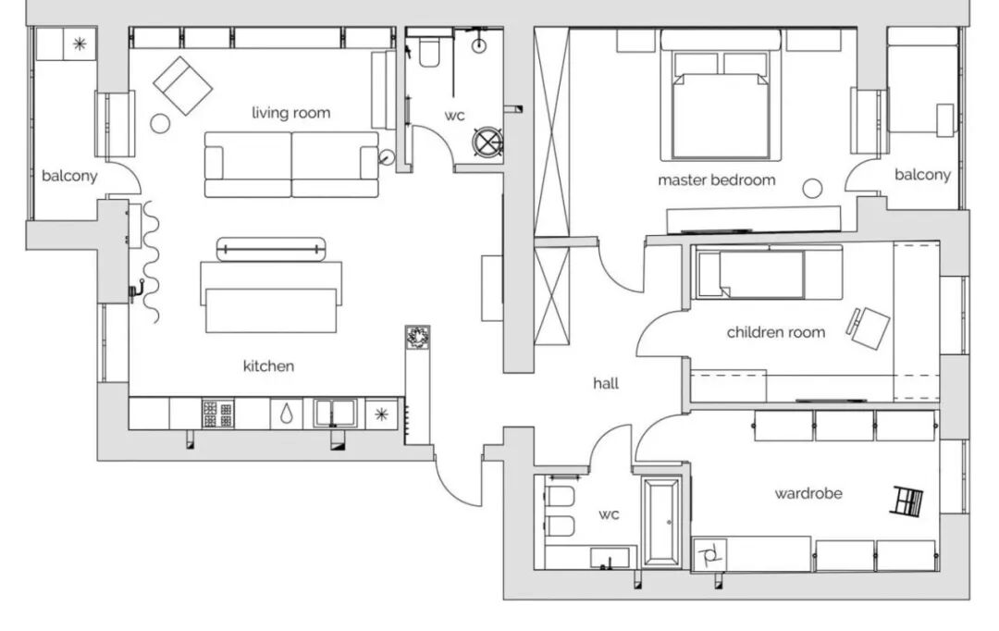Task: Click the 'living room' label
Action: click(291, 114)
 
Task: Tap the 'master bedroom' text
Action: click(717, 180)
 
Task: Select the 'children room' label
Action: click(776, 332)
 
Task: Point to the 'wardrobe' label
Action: click(808, 493)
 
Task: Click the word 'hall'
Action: click(606, 383)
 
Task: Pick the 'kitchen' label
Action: click(269, 365)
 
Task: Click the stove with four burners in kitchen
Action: click(218, 414)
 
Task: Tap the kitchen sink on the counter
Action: click(334, 413)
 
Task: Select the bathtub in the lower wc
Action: click(661, 523)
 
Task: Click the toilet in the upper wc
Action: click(429, 52)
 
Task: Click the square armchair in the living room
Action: click(183, 86)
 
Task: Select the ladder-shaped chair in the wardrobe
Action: click(907, 501)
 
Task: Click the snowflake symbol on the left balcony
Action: click(80, 44)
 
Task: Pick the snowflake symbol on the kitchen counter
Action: click(382, 414)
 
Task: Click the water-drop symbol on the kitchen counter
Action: click(287, 414)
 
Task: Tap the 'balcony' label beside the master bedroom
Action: click(922, 175)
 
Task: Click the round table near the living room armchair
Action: click(160, 123)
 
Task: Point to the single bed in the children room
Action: click(750, 274)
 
